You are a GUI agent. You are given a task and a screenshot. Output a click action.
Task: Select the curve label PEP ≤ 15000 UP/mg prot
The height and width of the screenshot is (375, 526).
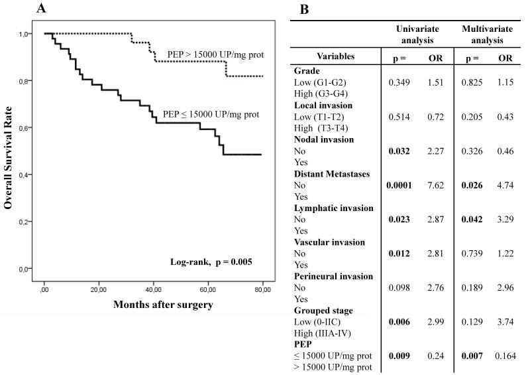click(x=211, y=114)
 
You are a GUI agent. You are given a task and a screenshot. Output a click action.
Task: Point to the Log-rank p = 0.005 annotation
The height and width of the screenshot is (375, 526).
click(x=209, y=260)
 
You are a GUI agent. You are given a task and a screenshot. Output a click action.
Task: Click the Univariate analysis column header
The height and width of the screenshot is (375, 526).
click(x=415, y=35)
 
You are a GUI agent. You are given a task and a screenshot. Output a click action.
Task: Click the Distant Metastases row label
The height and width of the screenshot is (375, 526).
click(x=331, y=174)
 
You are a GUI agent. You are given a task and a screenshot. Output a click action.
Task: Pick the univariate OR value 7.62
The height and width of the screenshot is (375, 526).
click(x=435, y=185)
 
